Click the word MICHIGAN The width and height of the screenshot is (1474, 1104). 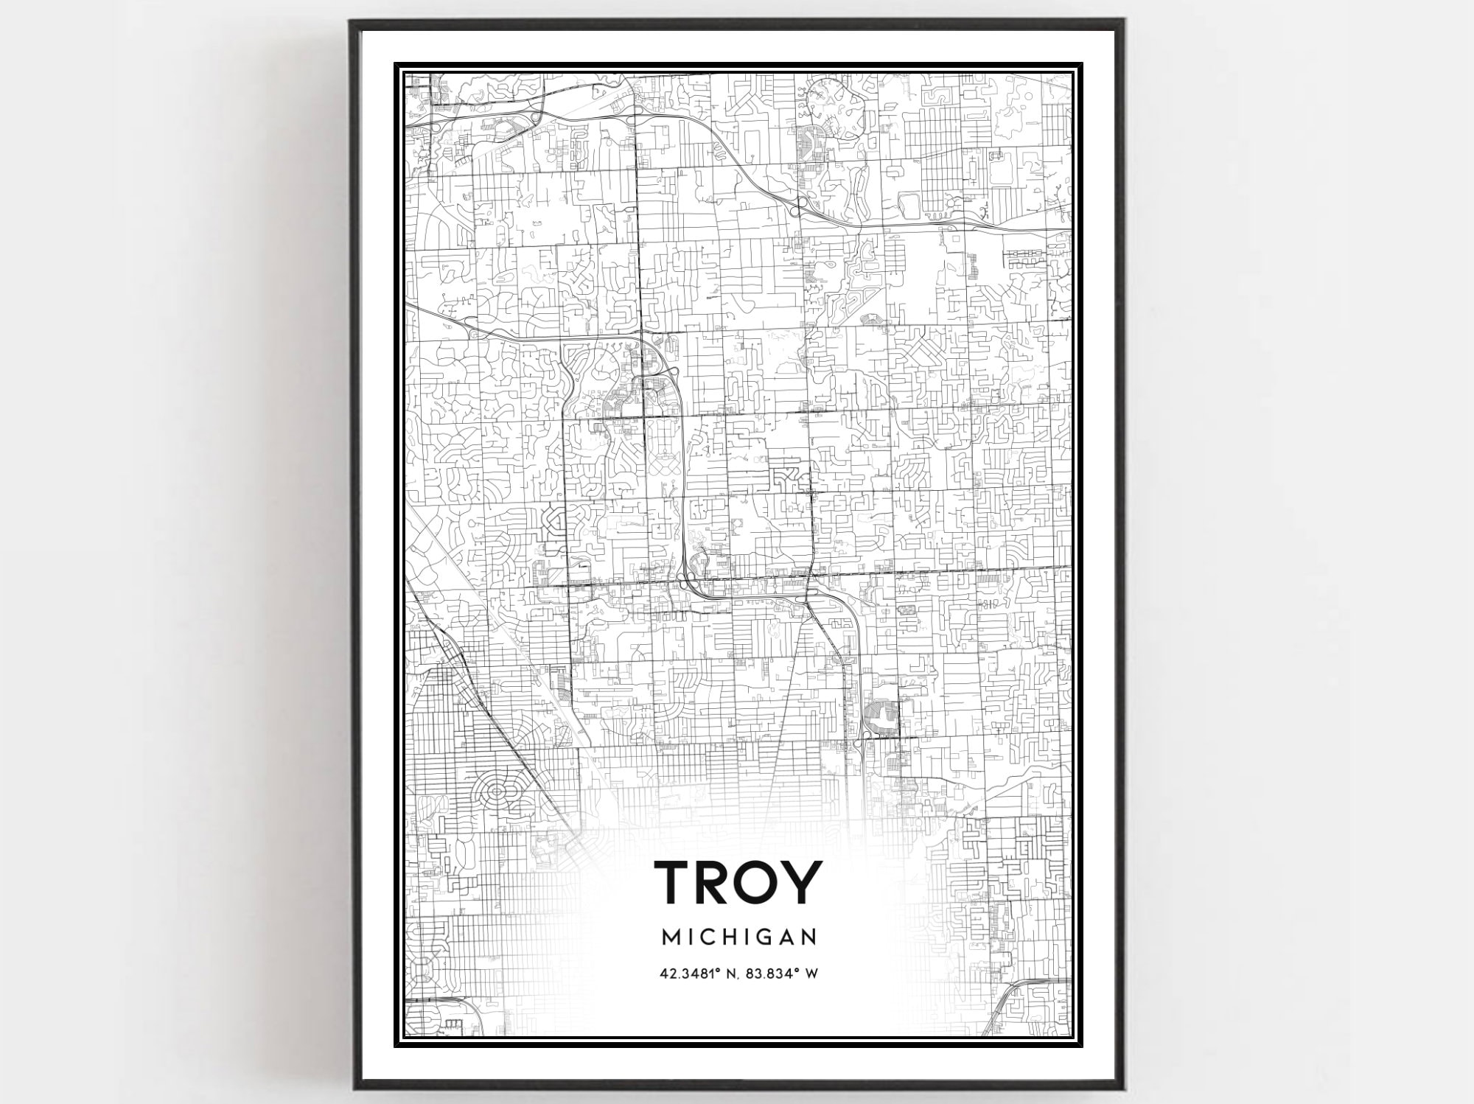click(739, 937)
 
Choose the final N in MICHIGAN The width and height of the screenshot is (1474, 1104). click(809, 937)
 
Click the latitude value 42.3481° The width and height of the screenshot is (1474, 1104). click(690, 974)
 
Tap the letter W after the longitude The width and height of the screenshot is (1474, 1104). click(811, 974)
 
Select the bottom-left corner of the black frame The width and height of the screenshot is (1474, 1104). click(353, 1088)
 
